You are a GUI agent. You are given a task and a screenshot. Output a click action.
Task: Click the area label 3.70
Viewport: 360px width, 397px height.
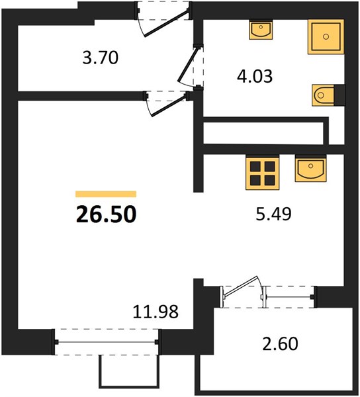pyautogui.click(x=101, y=58)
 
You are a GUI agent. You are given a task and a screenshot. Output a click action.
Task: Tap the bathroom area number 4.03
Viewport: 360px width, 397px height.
pyautogui.click(x=255, y=76)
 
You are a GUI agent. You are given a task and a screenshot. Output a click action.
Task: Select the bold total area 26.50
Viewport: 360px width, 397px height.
pyautogui.click(x=106, y=214)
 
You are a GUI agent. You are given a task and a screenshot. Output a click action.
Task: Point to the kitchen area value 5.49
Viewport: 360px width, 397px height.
pyautogui.click(x=274, y=214)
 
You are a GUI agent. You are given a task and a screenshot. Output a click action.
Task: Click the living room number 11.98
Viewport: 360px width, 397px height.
pyautogui.click(x=156, y=312)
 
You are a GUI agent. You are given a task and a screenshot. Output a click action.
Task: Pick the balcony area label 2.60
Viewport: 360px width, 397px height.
pyautogui.click(x=280, y=343)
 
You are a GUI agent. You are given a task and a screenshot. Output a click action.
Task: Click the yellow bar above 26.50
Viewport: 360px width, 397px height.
pyautogui.click(x=106, y=194)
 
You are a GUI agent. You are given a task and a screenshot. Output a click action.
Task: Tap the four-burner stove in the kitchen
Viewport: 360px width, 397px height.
pyautogui.click(x=263, y=173)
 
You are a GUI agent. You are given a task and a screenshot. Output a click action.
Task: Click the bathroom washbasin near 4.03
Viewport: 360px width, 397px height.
pyautogui.click(x=261, y=30)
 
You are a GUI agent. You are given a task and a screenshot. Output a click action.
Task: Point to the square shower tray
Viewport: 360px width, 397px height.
pyautogui.click(x=326, y=36)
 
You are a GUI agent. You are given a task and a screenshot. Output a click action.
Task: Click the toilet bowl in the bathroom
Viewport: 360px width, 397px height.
pyautogui.click(x=324, y=95)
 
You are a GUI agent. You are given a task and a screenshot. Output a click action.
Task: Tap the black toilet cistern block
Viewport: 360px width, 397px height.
pyautogui.click(x=339, y=95)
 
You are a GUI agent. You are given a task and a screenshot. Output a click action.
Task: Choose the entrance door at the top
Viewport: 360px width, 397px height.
pyautogui.click(x=165, y=22)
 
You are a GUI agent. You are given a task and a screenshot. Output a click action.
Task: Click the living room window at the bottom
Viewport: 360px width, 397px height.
pyautogui.click(x=107, y=342)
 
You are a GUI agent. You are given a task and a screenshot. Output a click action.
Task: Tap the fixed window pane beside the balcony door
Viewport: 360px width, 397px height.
pyautogui.click(x=290, y=296)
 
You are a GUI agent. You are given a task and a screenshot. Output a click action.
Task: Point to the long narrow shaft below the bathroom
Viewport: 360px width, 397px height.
pyautogui.click(x=263, y=134)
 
